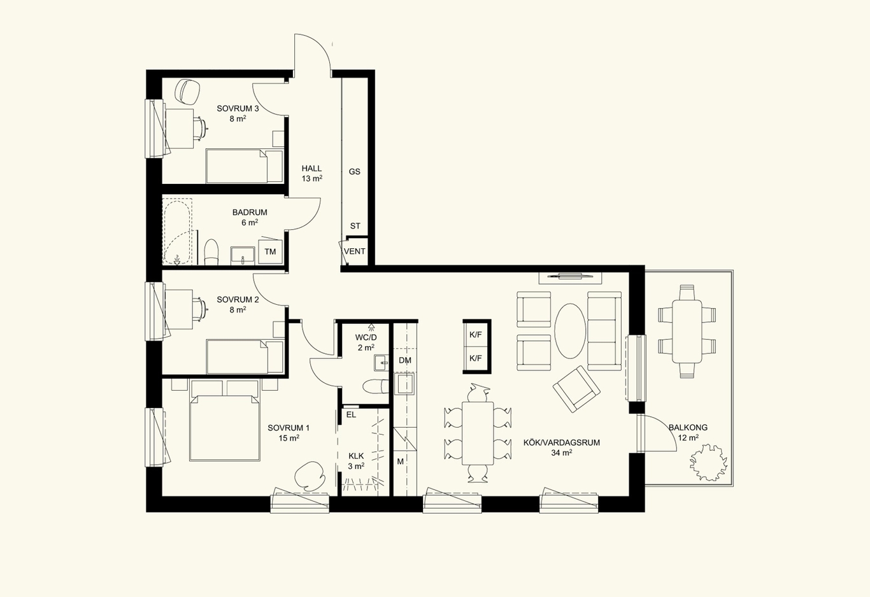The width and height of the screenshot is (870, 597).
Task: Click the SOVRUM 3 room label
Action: click(x=238, y=109)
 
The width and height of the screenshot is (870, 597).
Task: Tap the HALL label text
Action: click(x=311, y=169)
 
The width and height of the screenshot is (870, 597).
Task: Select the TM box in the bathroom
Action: click(x=270, y=251)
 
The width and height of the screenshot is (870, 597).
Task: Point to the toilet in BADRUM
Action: click(x=211, y=252)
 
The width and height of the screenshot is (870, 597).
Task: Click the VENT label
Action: click(x=354, y=251)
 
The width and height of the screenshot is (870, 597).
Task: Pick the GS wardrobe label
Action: click(x=354, y=172)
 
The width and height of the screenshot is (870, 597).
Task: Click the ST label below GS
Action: click(x=355, y=226)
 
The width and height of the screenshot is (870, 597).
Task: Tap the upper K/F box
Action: click(x=475, y=335)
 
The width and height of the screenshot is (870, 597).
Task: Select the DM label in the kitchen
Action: click(x=404, y=360)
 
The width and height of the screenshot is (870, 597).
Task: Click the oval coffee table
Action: click(x=570, y=331)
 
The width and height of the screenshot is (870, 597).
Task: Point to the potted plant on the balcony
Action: click(x=708, y=463)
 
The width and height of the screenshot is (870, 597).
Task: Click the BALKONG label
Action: click(x=688, y=427)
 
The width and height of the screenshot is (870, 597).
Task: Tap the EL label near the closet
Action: click(x=351, y=415)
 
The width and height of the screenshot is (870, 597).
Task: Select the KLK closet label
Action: click(x=356, y=456)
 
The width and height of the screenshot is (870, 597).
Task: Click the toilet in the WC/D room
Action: click(x=376, y=386)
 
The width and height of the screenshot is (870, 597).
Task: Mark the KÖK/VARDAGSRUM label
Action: click(x=562, y=442)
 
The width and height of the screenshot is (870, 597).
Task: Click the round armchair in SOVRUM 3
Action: click(x=188, y=92)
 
